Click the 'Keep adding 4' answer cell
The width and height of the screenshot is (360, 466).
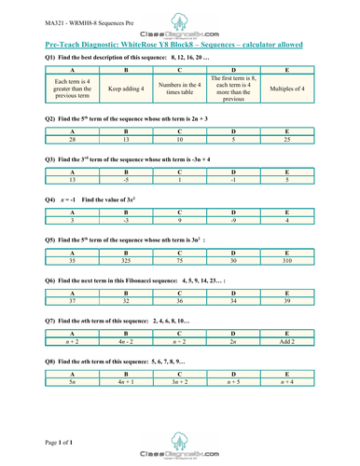click(x=127, y=89)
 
